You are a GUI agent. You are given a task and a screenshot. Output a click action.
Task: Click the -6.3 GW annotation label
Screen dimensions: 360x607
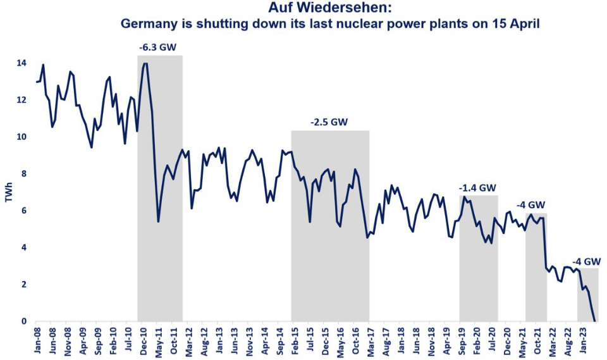pyautogui.click(x=159, y=47)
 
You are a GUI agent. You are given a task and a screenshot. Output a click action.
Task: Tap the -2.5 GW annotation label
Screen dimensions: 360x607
pyautogui.click(x=329, y=122)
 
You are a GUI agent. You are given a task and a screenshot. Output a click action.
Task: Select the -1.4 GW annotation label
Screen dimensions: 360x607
pyautogui.click(x=478, y=187)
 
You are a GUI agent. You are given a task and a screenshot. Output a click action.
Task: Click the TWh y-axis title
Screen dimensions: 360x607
pyautogui.click(x=8, y=192)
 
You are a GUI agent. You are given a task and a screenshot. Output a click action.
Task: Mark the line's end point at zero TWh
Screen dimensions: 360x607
pyautogui.click(x=594, y=321)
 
